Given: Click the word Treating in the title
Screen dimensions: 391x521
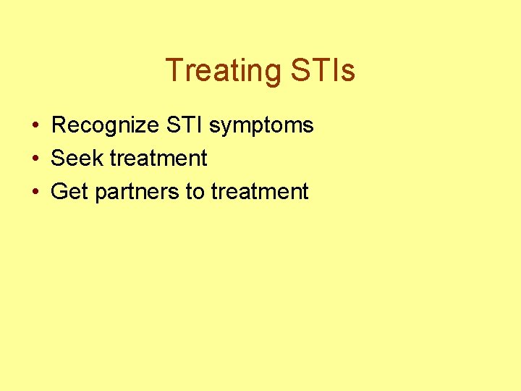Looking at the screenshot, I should click(x=224, y=71).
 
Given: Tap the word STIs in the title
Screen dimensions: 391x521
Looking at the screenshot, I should click(x=323, y=71).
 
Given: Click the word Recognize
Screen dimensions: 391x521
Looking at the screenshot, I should click(x=105, y=125).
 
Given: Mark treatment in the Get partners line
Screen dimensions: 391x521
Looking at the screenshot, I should click(x=260, y=192).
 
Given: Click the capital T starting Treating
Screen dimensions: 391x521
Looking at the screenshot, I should click(x=174, y=71).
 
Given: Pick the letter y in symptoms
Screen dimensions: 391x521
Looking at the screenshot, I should click(x=224, y=128).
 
